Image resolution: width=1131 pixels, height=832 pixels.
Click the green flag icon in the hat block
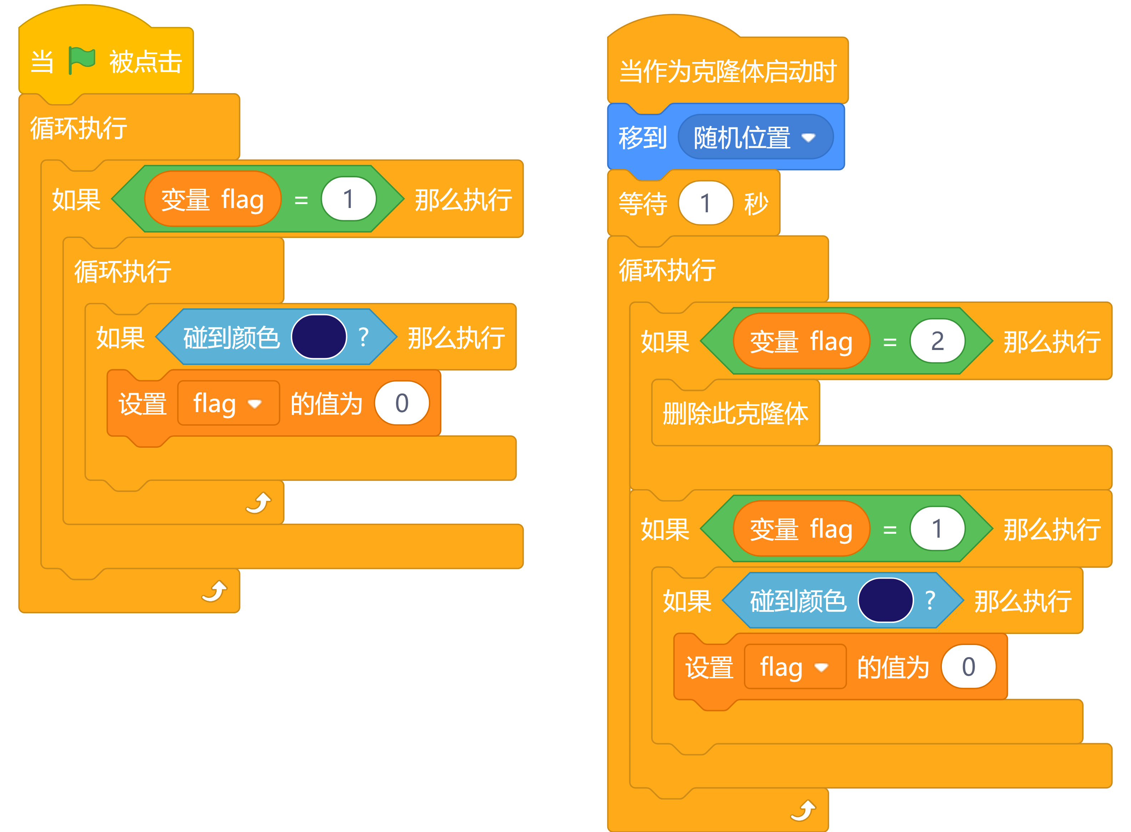point(82,60)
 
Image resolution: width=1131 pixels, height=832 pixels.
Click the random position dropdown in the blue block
point(755,137)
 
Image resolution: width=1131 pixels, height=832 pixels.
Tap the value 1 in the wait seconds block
point(705,203)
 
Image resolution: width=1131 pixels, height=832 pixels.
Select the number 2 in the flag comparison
point(937,341)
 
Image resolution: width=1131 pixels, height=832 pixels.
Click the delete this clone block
point(735,414)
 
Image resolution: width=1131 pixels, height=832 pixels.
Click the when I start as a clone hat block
point(727,71)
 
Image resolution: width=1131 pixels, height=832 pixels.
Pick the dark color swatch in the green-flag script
point(319,336)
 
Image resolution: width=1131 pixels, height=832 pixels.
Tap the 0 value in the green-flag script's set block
point(402,403)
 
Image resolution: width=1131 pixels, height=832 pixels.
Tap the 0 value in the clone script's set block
point(968,667)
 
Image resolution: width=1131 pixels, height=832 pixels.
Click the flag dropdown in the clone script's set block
point(795,667)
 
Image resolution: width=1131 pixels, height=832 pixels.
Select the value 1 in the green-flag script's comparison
point(349,199)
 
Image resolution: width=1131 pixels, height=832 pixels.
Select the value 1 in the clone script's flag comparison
point(937,529)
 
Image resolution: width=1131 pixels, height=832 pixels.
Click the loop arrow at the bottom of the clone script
point(803,810)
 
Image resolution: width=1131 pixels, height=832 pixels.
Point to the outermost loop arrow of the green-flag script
point(214,591)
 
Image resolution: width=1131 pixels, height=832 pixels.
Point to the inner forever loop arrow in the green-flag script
point(258,503)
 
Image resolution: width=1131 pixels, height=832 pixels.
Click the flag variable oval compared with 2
point(801,341)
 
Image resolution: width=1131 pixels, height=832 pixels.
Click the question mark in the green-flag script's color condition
point(363,336)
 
